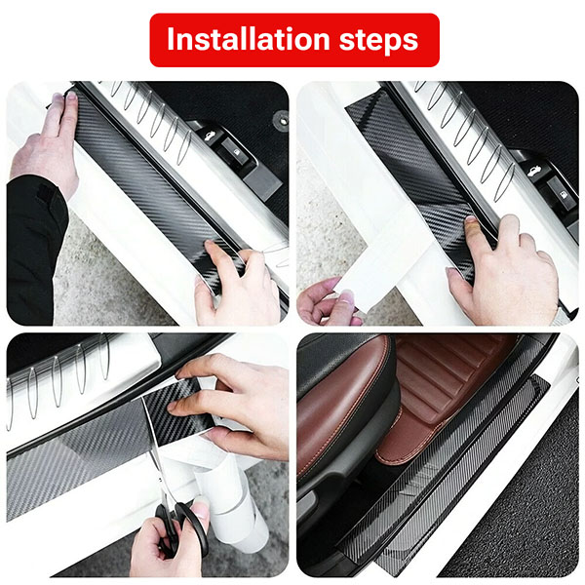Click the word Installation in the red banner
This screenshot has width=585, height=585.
[x=248, y=39]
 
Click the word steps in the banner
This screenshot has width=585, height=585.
[x=378, y=41]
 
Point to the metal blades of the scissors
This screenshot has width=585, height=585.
[x=159, y=474]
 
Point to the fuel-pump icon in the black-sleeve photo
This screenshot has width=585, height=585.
[x=236, y=152]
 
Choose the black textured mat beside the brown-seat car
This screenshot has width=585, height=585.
[x=523, y=504]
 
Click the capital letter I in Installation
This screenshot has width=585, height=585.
[x=171, y=39]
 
